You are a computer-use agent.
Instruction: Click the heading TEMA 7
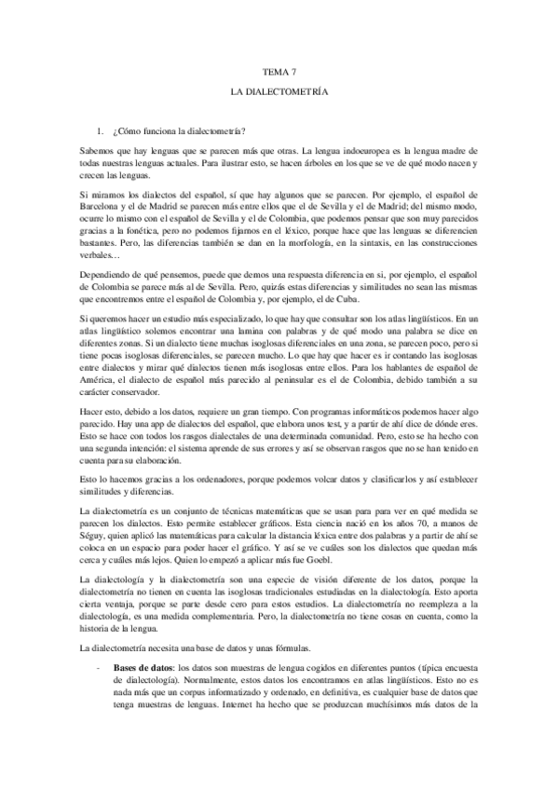pyautogui.click(x=279, y=71)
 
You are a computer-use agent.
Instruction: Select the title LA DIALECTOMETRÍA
pyautogui.click(x=279, y=95)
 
